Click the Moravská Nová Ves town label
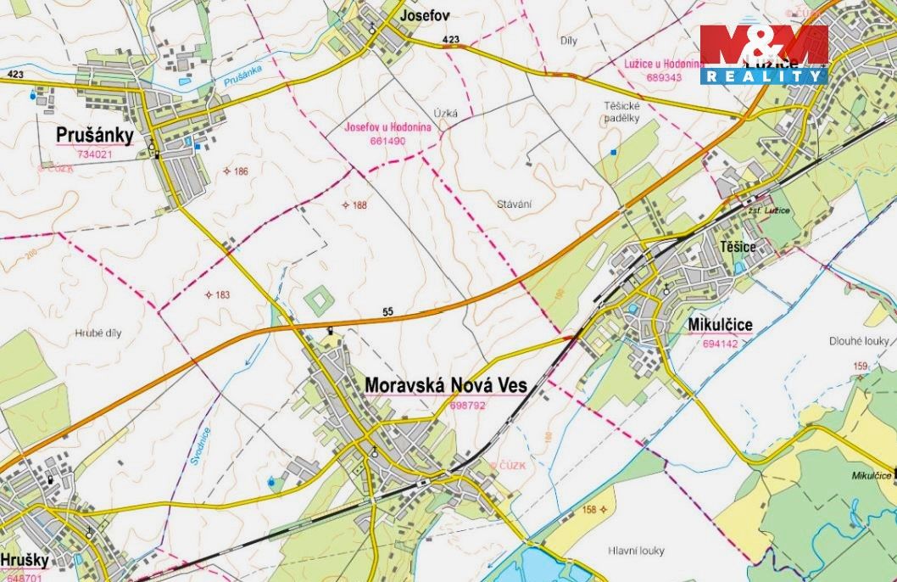(x=445, y=385)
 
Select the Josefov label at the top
(x=422, y=15)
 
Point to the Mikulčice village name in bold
(x=721, y=324)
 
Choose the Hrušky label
(x=23, y=560)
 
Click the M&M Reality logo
(x=763, y=53)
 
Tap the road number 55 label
(x=388, y=312)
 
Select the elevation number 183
(x=222, y=295)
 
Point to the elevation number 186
(x=240, y=171)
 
